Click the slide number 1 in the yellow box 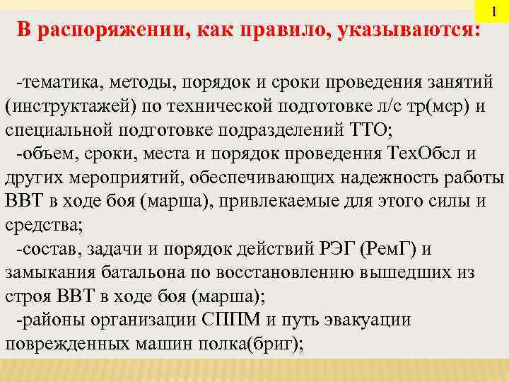[x=494, y=12]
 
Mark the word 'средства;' [x=44, y=226]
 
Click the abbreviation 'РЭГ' [x=333, y=249]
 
